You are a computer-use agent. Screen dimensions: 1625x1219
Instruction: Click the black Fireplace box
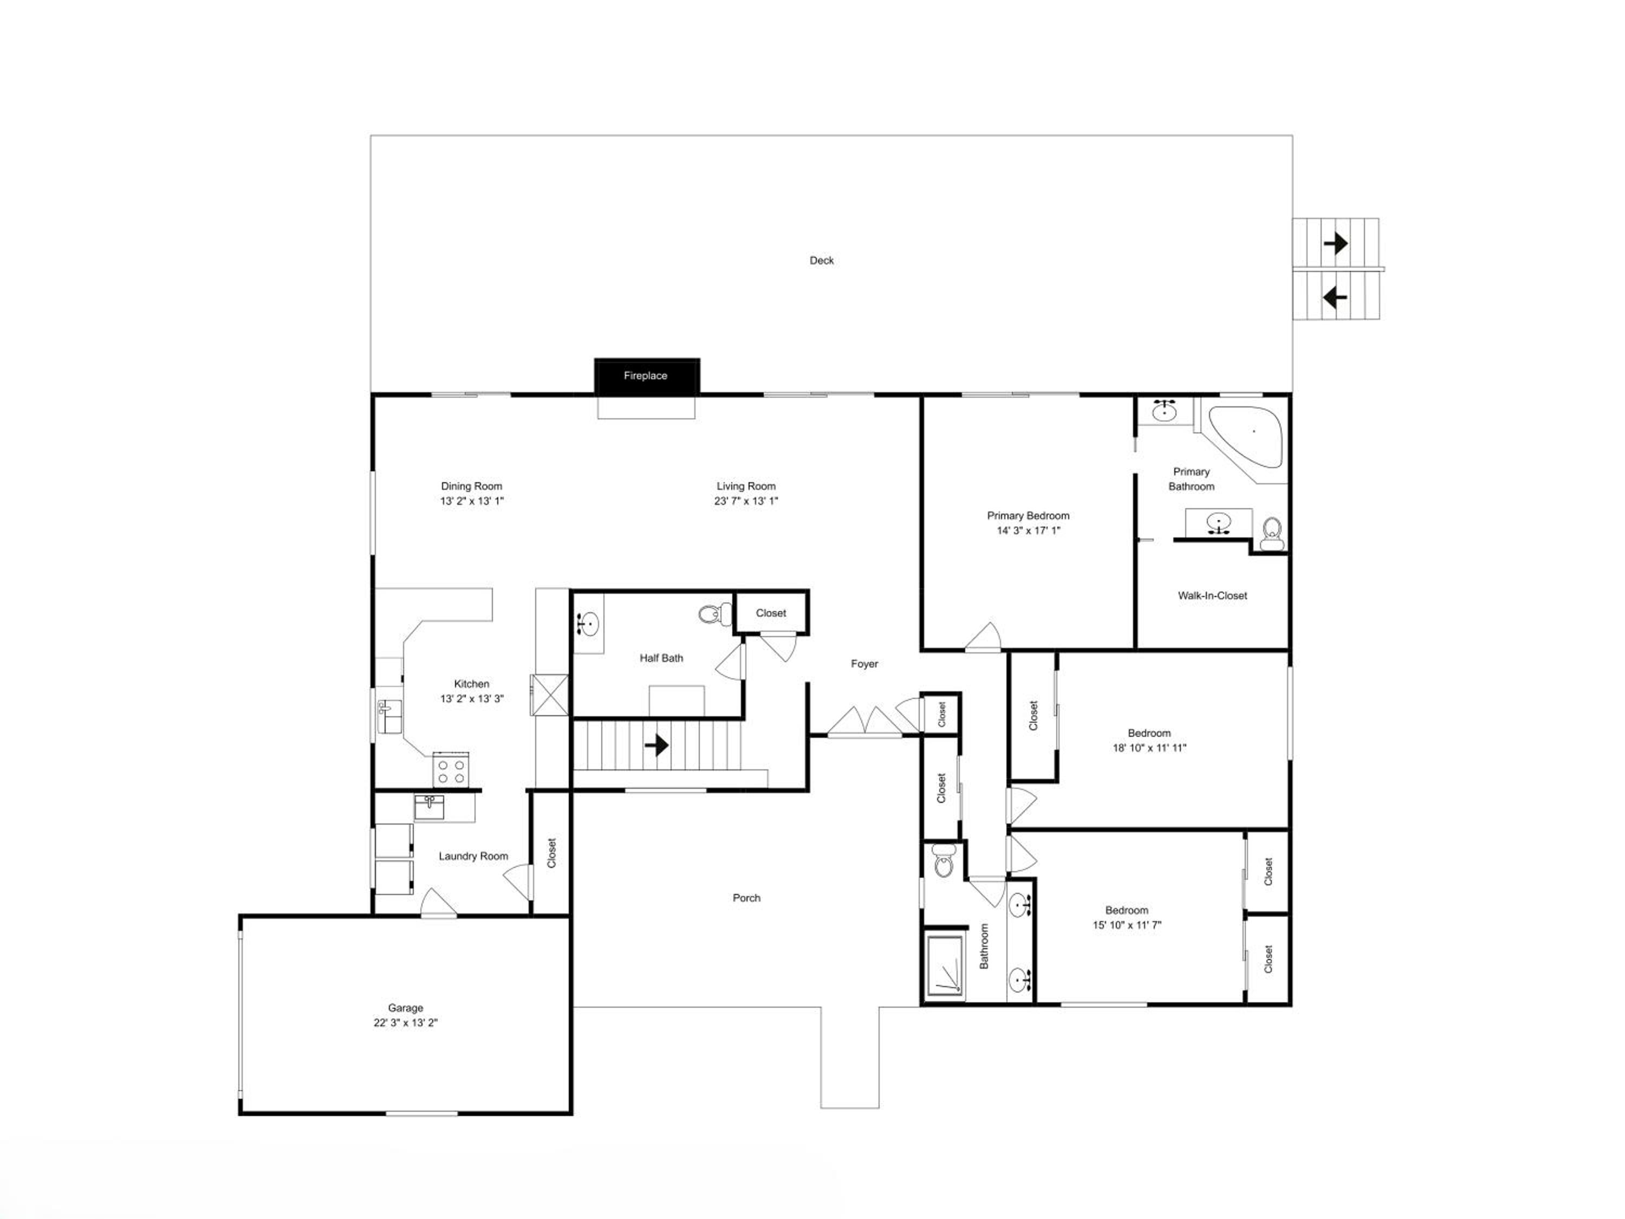[x=646, y=375]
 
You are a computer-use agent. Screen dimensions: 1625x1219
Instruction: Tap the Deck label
[x=821, y=260]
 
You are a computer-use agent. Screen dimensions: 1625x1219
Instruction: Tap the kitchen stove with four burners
[x=450, y=769]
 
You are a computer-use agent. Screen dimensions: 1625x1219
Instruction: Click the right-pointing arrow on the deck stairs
[x=1336, y=243]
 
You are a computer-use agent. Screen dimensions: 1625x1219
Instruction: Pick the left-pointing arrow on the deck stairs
[x=1335, y=297]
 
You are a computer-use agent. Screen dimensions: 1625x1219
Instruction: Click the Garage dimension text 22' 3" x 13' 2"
[x=406, y=1022]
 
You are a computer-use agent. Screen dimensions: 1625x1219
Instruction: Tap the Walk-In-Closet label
[x=1212, y=595]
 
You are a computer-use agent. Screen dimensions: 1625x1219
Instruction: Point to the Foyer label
[x=864, y=664]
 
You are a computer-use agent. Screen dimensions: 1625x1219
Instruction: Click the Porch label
[x=746, y=898]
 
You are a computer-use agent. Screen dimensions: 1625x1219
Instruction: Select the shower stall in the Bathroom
[x=945, y=965]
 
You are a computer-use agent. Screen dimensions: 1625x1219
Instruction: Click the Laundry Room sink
[x=429, y=807]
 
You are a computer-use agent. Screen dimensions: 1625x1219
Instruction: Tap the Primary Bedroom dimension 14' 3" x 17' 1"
[x=1029, y=530]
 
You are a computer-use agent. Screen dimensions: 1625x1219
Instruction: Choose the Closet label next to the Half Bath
[x=771, y=613]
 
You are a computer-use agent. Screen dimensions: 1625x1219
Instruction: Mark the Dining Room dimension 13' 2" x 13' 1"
[x=472, y=501]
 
